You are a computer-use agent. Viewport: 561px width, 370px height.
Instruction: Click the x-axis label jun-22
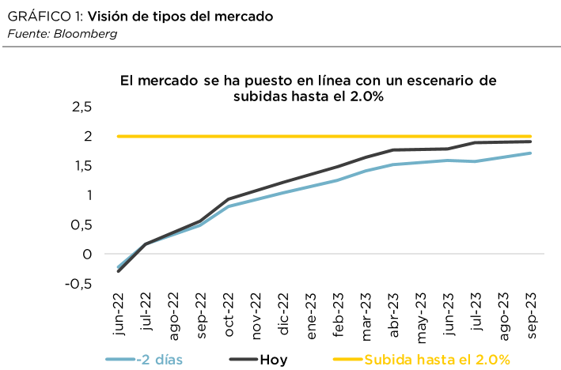(119, 313)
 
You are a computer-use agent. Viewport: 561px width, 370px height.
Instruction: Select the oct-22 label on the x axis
(229, 313)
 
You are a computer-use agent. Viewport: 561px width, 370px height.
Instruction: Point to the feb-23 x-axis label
(339, 313)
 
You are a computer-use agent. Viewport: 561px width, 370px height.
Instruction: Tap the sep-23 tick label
(531, 313)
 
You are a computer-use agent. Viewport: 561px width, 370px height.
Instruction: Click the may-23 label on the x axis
(421, 313)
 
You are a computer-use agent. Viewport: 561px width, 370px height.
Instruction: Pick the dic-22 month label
(284, 315)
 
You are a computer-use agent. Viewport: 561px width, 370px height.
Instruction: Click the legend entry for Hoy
(272, 359)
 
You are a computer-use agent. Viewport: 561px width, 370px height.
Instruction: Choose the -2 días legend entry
(160, 359)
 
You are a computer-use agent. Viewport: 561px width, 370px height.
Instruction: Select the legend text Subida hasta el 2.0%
(437, 359)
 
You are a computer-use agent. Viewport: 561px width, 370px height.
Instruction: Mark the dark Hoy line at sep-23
(530, 142)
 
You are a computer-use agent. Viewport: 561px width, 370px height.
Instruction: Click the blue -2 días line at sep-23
(530, 153)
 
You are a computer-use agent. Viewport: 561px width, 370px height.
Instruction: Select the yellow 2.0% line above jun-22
(119, 136)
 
